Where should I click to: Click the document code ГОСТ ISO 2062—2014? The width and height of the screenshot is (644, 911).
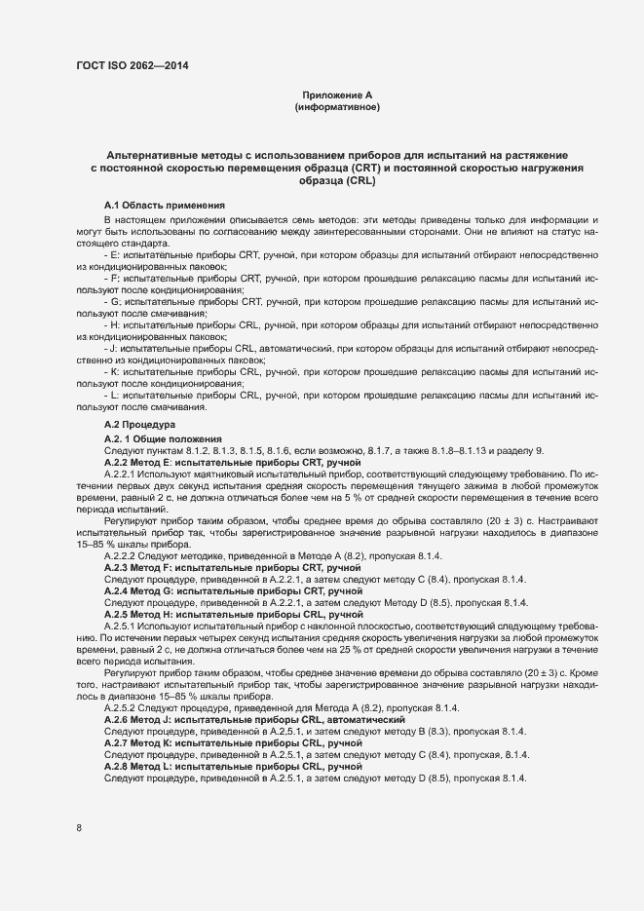(x=132, y=66)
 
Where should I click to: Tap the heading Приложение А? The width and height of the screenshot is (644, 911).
(x=337, y=95)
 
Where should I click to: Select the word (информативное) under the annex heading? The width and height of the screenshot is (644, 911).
(x=337, y=106)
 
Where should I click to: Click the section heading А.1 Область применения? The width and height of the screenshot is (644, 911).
(x=165, y=205)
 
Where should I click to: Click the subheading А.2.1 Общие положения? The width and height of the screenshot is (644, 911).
(x=163, y=439)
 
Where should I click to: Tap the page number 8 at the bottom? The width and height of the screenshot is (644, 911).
(x=79, y=828)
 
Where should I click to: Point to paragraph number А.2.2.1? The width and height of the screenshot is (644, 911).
(x=124, y=474)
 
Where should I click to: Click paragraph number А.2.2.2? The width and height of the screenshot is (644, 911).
(x=124, y=555)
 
